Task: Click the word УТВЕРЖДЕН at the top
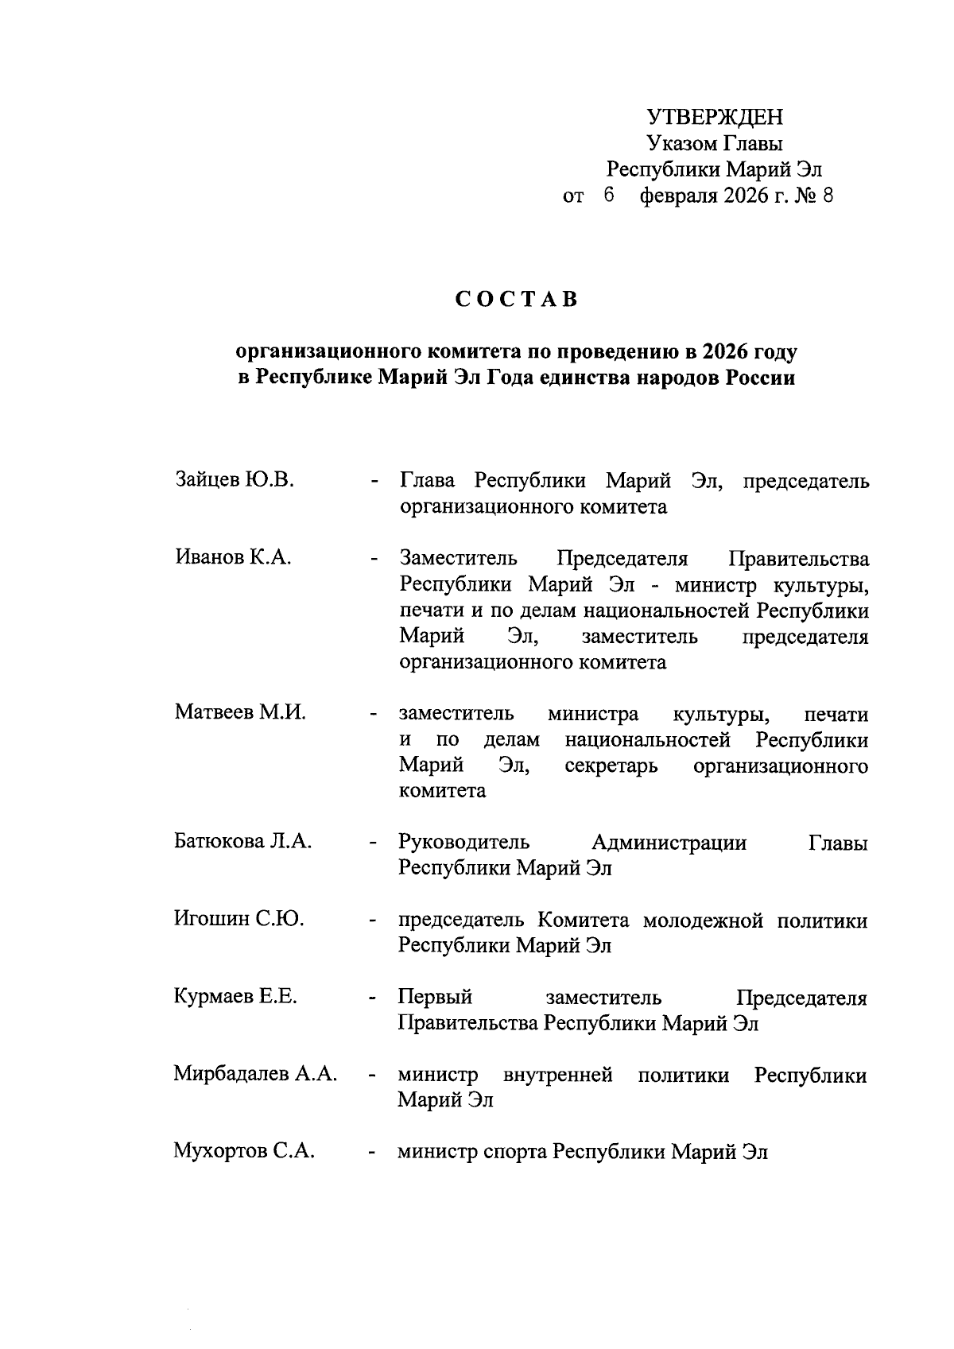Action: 715,118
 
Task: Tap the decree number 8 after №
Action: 827,196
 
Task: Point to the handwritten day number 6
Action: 609,196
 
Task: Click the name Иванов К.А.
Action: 233,557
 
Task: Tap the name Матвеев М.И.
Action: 240,712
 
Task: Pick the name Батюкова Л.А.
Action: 242,841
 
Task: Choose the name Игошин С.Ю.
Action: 238,919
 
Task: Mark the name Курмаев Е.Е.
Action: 235,996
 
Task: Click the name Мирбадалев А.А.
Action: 255,1074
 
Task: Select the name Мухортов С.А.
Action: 244,1151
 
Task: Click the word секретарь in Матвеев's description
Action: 611,766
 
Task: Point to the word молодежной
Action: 703,921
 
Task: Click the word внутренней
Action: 558,1075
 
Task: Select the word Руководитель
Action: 463,842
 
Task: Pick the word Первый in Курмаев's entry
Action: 435,997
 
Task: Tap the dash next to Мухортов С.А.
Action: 371,1153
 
